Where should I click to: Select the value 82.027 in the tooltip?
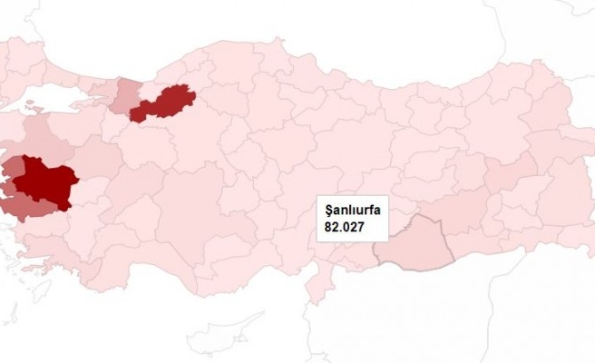pyautogui.click(x=341, y=227)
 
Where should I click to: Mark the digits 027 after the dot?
pyautogui.click(x=349, y=227)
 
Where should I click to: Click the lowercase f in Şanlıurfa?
pyautogui.click(x=371, y=210)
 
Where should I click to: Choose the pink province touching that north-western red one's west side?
pyautogui.click(x=124, y=95)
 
